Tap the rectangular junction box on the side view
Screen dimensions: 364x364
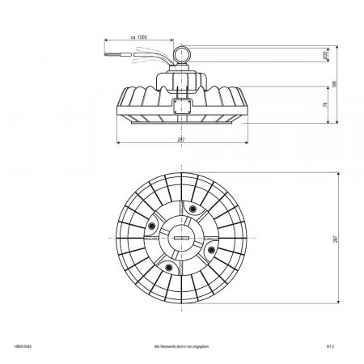pos(181,105)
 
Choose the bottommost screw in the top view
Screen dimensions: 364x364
pos(169,267)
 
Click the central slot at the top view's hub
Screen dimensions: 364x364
pos(180,239)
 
